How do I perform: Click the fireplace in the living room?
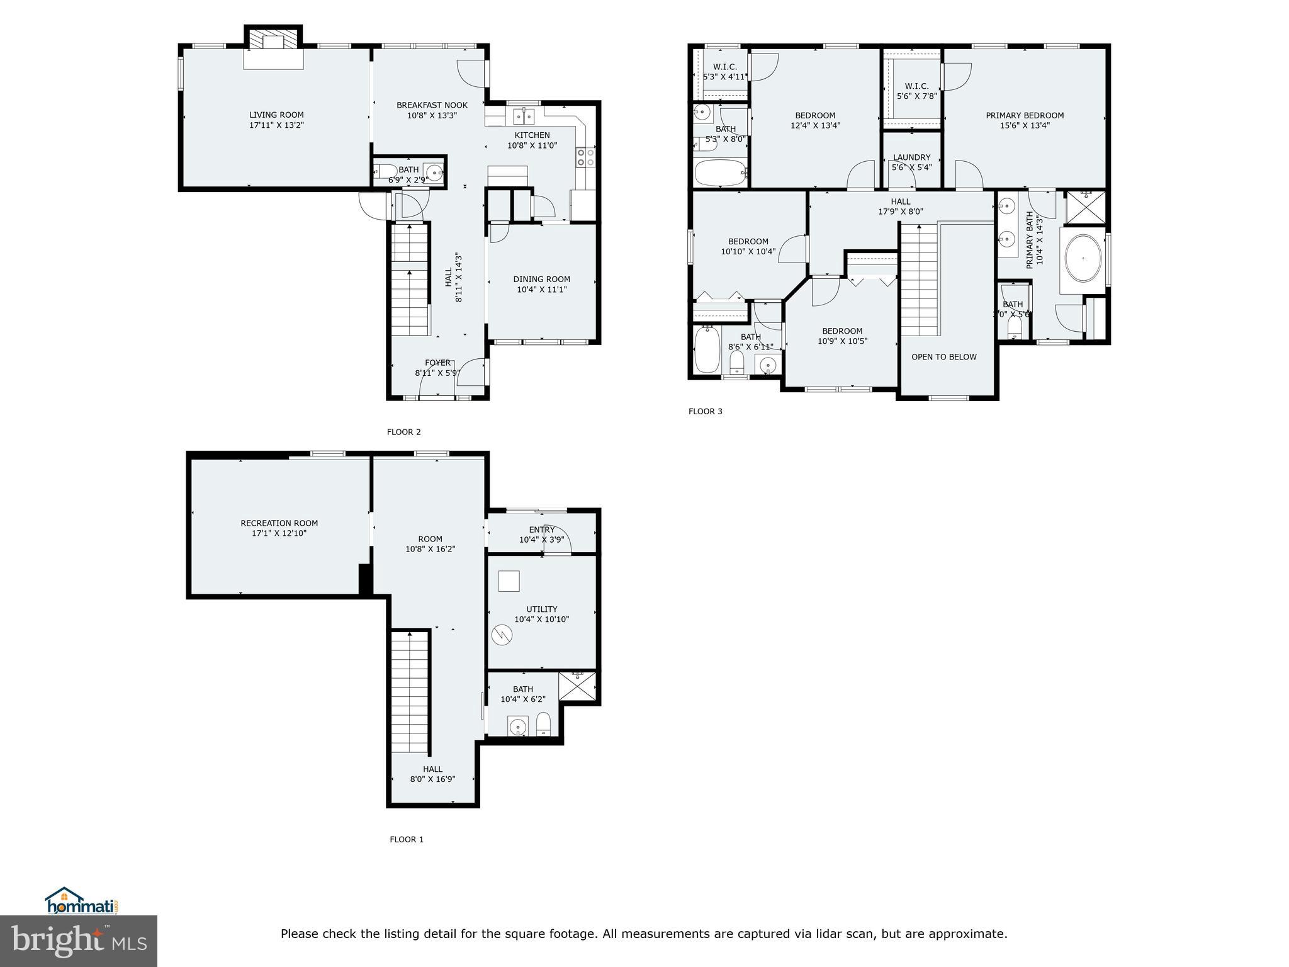pyautogui.click(x=273, y=42)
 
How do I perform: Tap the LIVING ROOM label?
pyautogui.click(x=276, y=115)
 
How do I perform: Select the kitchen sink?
pyautogui.click(x=523, y=116)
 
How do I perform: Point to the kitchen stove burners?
pyautogui.click(x=585, y=157)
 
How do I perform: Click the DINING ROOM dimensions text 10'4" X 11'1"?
pyautogui.click(x=542, y=290)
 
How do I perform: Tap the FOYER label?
pyautogui.click(x=437, y=363)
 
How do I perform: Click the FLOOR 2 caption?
pyautogui.click(x=403, y=432)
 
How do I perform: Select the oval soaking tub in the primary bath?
pyautogui.click(x=1083, y=259)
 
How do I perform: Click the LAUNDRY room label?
pyautogui.click(x=911, y=157)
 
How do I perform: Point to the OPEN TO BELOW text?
pyautogui.click(x=944, y=357)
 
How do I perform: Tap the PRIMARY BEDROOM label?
pyautogui.click(x=1025, y=115)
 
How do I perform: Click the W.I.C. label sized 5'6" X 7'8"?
pyautogui.click(x=916, y=86)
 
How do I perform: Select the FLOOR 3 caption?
pyautogui.click(x=706, y=412)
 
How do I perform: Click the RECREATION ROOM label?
pyautogui.click(x=279, y=523)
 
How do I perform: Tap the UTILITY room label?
pyautogui.click(x=541, y=609)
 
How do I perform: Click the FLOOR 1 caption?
pyautogui.click(x=407, y=839)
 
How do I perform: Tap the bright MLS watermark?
pyautogui.click(x=79, y=941)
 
